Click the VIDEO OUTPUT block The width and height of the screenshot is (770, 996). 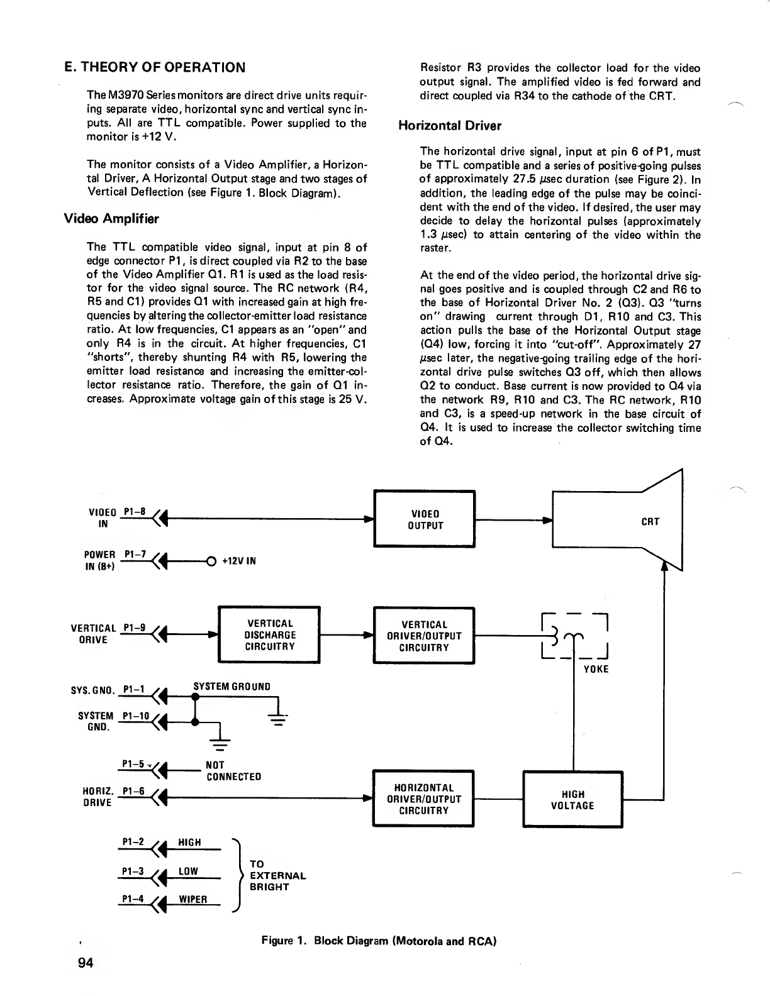coord(424,519)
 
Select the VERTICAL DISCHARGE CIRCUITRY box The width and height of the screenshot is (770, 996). coord(269,634)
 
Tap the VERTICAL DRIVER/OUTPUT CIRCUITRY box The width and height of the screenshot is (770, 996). coord(424,635)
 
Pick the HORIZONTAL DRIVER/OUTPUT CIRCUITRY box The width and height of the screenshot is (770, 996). coord(423,799)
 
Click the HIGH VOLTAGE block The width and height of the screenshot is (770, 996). coord(572,800)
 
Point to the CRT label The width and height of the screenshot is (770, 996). coord(650,521)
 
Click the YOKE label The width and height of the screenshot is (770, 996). coord(596,669)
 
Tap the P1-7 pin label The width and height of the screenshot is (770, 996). coord(135,554)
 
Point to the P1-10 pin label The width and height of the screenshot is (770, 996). coord(135,716)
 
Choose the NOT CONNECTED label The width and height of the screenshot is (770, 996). coord(233,770)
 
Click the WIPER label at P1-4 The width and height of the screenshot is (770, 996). coord(193,899)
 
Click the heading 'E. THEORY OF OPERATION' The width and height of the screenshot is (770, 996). coord(155,67)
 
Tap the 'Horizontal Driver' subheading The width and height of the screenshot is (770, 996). coord(450,126)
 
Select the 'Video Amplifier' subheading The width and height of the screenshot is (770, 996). coord(111,219)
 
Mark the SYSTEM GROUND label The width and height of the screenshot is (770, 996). coord(232,686)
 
